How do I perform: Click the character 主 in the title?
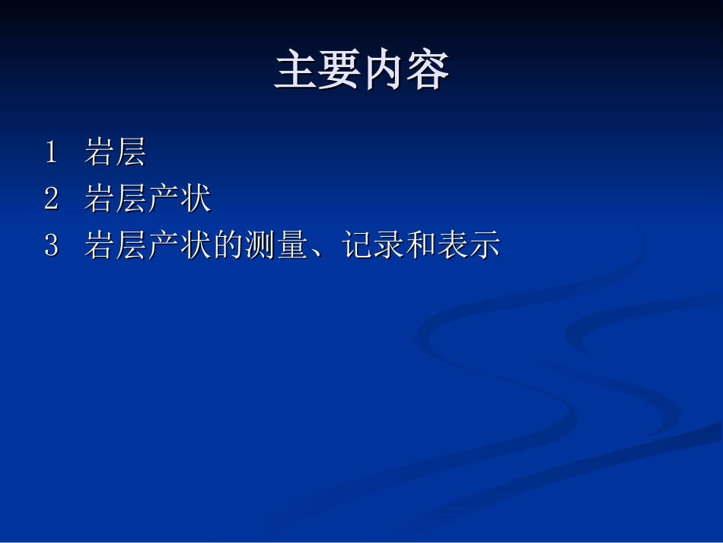pyautogui.click(x=296, y=72)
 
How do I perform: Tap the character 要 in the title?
pyautogui.click(x=339, y=72)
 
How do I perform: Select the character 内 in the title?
pyautogui.click(x=384, y=72)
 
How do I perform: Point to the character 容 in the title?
pyautogui.click(x=428, y=72)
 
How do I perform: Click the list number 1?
pyautogui.click(x=51, y=153)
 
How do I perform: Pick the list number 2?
pyautogui.click(x=51, y=200)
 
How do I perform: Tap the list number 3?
pyautogui.click(x=51, y=246)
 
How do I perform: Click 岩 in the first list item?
pyautogui.click(x=99, y=153)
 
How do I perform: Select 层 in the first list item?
pyautogui.click(x=131, y=153)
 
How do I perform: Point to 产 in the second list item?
pyautogui.click(x=163, y=200)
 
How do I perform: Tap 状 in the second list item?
pyautogui.click(x=196, y=200)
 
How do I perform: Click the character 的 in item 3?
pyautogui.click(x=228, y=246)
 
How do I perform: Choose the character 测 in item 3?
pyautogui.click(x=260, y=246)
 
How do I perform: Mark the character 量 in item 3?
pyautogui.click(x=291, y=246)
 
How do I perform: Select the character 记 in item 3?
pyautogui.click(x=356, y=246)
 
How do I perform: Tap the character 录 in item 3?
pyautogui.click(x=388, y=246)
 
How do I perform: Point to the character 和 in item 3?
pyautogui.click(x=421, y=246)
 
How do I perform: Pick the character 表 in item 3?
pyautogui.click(x=453, y=246)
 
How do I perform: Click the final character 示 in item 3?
pyautogui.click(x=485, y=246)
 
